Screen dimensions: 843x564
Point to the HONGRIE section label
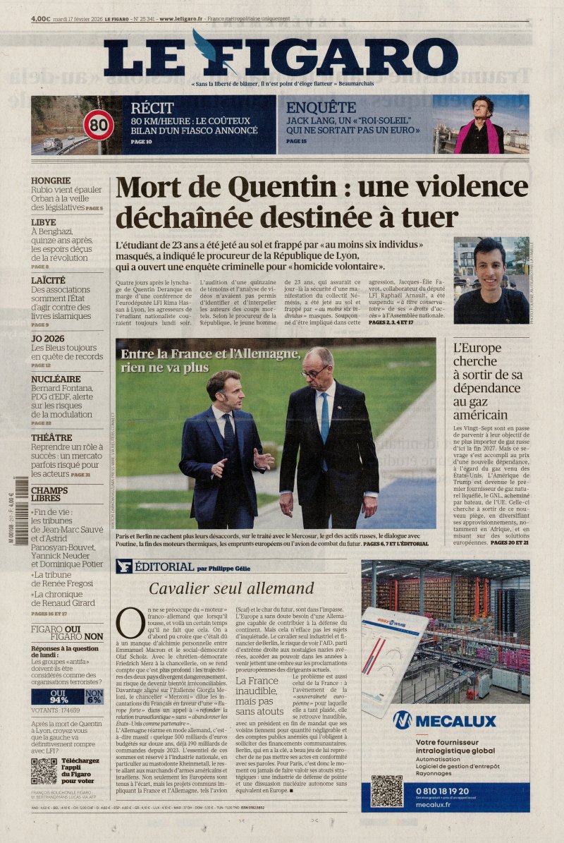click(x=50, y=181)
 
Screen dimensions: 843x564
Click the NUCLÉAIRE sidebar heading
click(x=56, y=379)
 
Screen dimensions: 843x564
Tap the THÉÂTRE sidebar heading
click(x=51, y=437)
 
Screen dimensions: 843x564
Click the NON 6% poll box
click(x=94, y=697)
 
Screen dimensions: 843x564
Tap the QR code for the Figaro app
click(x=44, y=771)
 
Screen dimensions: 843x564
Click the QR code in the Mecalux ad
click(x=387, y=791)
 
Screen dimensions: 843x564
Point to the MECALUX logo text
click(x=455, y=721)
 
